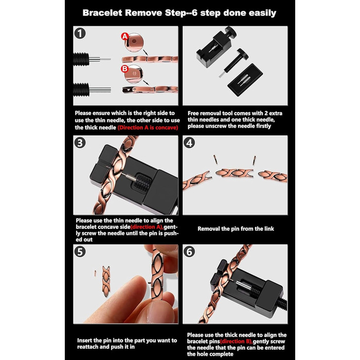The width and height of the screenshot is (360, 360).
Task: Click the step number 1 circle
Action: (80, 33)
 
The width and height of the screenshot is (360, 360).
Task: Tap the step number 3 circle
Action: (80, 142)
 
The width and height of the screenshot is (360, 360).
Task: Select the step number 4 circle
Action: (189, 142)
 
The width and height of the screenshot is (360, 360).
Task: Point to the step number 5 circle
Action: (80, 251)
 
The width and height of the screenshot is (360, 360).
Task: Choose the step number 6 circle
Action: (189, 251)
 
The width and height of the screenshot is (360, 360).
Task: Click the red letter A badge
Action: (125, 37)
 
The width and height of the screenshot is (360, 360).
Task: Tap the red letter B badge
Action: (124, 68)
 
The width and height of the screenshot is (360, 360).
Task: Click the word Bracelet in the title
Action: (102, 13)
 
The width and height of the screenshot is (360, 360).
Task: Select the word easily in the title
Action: (262, 13)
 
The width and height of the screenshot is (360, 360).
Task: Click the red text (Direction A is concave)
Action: (148, 128)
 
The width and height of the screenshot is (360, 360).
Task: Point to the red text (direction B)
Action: (236, 341)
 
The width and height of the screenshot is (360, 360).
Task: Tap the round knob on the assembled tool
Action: (230, 31)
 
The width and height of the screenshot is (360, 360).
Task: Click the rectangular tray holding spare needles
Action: (245, 80)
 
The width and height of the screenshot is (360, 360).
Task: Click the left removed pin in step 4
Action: (215, 160)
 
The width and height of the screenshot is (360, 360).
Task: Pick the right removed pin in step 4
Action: (255, 160)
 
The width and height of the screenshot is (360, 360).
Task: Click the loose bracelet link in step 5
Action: (106, 281)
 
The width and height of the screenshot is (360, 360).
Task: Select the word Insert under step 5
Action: (84, 340)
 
